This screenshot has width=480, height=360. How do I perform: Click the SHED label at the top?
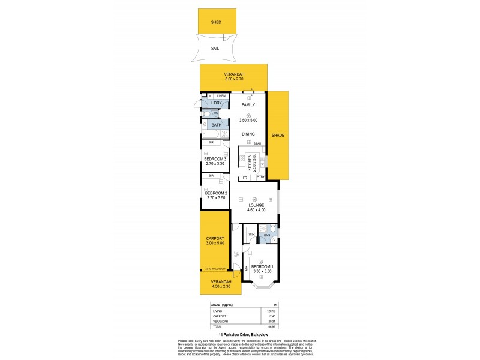(x=216, y=22)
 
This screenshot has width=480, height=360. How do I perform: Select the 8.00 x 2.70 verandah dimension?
(x=233, y=79)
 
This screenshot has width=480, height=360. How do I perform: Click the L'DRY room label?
(x=216, y=104)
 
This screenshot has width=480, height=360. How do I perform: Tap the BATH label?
(x=216, y=125)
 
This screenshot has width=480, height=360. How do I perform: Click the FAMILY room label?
(x=248, y=105)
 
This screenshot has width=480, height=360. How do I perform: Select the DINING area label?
(x=248, y=134)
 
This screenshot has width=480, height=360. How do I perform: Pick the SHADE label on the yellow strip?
(x=278, y=136)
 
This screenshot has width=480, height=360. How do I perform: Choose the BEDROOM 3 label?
(x=215, y=158)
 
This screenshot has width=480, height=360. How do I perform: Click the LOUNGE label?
(x=256, y=205)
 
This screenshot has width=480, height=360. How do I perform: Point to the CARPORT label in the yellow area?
(x=214, y=238)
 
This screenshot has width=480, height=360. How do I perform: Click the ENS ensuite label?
(x=267, y=235)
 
